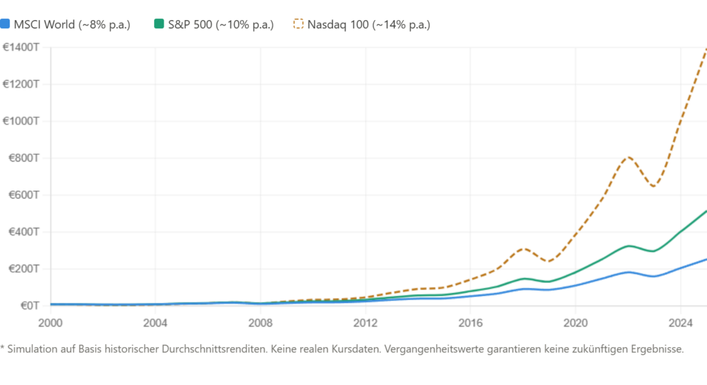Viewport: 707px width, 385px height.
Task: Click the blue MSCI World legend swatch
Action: click(6, 24)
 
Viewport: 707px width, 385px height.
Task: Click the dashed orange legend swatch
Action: click(298, 24)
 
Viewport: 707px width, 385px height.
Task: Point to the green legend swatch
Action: click(159, 24)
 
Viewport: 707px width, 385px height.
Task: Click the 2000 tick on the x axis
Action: click(50, 322)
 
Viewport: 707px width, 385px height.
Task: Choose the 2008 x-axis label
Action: click(260, 322)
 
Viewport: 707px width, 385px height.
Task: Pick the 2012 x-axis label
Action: click(366, 322)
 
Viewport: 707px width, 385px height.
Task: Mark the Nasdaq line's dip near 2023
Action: click(653, 186)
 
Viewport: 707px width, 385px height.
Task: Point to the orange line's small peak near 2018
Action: click(523, 248)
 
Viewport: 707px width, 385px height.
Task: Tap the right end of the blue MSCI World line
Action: click(704, 259)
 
